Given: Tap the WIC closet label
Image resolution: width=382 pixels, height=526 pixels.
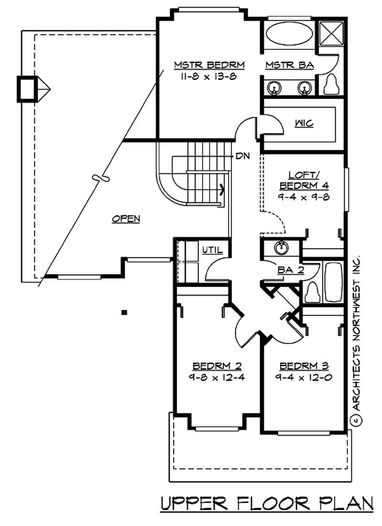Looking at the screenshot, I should click(304, 124).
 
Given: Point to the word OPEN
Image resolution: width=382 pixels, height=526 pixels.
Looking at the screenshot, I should click(126, 219).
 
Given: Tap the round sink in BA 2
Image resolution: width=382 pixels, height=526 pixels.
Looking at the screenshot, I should click(282, 248).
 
